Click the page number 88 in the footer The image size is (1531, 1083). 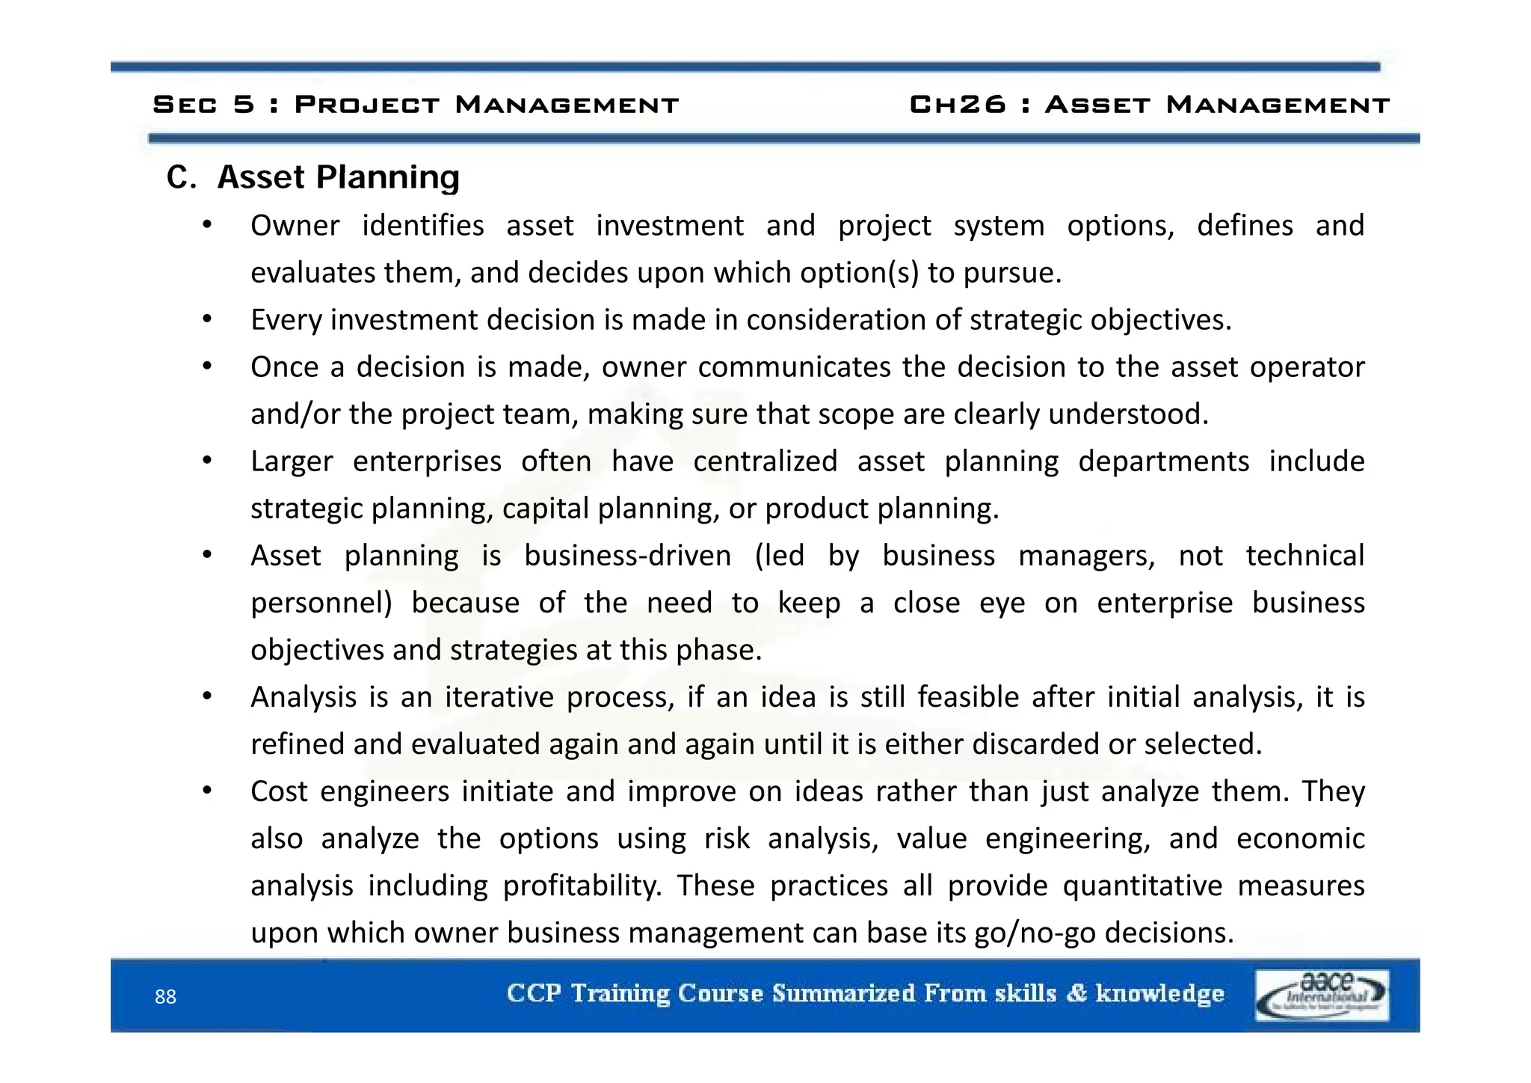click(x=165, y=996)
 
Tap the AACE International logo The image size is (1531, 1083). click(x=1322, y=995)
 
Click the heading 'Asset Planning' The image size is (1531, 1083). click(x=338, y=177)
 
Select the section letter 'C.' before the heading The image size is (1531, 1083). click(x=181, y=178)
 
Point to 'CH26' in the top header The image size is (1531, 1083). click(x=958, y=104)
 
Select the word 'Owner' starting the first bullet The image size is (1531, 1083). click(x=295, y=225)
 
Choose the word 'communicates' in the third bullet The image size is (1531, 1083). click(x=795, y=367)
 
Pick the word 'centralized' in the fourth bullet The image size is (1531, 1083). click(x=765, y=461)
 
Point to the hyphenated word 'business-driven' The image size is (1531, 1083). click(x=627, y=556)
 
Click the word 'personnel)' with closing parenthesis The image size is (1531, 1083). click(x=321, y=603)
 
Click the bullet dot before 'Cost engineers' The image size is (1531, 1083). click(x=208, y=790)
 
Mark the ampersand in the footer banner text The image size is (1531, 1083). click(x=1076, y=993)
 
